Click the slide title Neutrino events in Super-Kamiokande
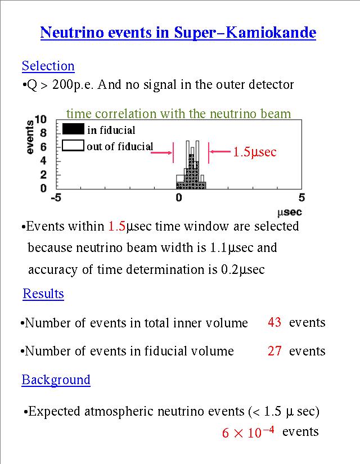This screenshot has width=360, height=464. (x=178, y=33)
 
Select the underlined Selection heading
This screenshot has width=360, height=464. (x=48, y=66)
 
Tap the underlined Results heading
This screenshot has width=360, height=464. (x=43, y=294)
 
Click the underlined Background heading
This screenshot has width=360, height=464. (x=56, y=380)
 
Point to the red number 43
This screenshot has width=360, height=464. (x=274, y=322)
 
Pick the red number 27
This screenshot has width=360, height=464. (x=274, y=351)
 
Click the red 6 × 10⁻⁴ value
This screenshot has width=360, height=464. (x=248, y=433)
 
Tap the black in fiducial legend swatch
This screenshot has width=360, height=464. (x=73, y=129)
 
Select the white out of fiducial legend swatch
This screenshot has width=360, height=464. (x=73, y=146)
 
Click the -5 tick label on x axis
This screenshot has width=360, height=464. (x=56, y=198)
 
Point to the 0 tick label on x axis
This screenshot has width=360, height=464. (x=179, y=198)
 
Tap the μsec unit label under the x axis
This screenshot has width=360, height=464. (x=290, y=212)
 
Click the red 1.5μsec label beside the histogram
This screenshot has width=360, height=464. (x=255, y=152)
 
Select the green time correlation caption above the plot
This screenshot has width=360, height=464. (x=178, y=114)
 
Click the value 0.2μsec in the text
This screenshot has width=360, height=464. (x=243, y=269)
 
